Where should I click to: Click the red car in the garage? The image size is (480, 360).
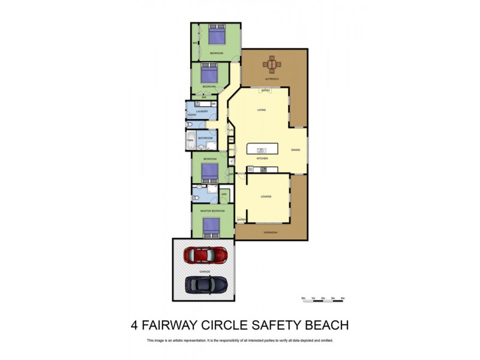[x=205, y=255]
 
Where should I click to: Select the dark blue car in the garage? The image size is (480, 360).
[x=205, y=285]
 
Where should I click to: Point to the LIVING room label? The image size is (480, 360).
[x=262, y=110]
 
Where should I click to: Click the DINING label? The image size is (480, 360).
[x=295, y=149]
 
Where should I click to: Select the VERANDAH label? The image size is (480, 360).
[x=269, y=232]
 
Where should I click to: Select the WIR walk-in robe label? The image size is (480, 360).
[x=223, y=194]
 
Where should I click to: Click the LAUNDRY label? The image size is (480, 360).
[x=202, y=111]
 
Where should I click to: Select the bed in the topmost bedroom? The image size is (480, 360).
[x=215, y=37]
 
